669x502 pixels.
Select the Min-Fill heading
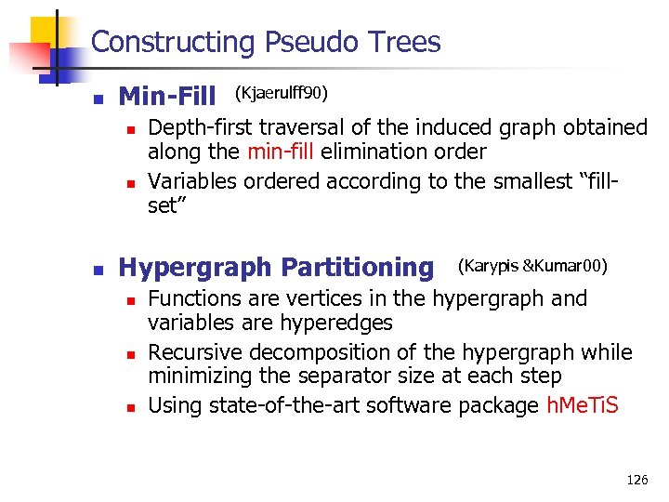coord(167,96)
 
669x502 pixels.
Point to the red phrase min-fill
coord(280,152)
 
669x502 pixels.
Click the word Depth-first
coord(202,127)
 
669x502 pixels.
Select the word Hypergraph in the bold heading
coord(195,268)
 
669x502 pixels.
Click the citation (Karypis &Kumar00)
coord(532,267)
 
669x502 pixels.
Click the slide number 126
coord(637,480)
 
